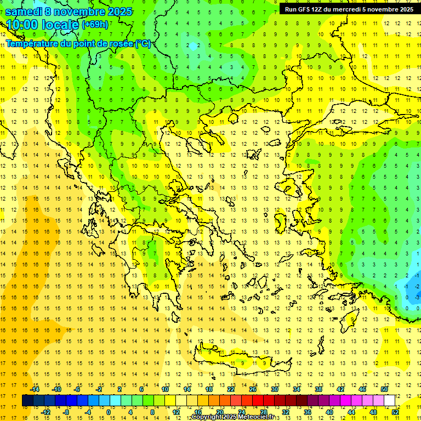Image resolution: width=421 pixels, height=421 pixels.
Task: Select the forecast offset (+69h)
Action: click(95, 25)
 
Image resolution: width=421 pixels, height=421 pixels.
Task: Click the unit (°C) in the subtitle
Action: click(143, 43)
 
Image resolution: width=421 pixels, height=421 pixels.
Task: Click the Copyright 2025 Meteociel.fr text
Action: click(232, 417)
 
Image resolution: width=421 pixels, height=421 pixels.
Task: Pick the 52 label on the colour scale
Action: click(395, 412)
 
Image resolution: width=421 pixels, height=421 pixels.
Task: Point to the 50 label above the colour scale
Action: click(384, 389)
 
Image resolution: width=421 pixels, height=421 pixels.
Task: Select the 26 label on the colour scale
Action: click(253, 389)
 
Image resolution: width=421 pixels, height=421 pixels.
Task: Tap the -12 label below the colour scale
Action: click(46, 412)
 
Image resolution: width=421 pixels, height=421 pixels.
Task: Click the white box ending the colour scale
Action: click(390, 401)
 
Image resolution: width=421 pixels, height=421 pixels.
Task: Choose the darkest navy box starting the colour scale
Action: click(28, 401)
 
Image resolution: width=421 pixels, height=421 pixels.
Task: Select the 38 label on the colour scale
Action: click(318, 389)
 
